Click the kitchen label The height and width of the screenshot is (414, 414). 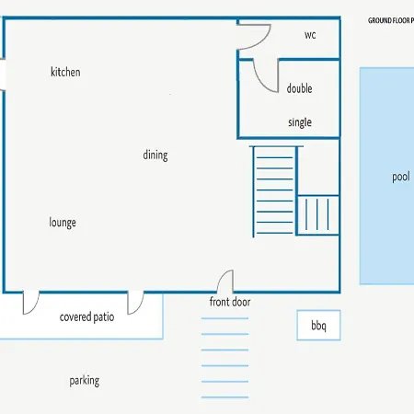pos(65,72)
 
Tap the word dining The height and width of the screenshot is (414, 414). pos(155,155)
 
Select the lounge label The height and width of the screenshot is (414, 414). pos(63,223)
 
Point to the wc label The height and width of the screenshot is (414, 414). pos(310,35)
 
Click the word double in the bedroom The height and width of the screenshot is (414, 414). pos(299,88)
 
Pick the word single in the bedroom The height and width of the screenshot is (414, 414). pos(300,122)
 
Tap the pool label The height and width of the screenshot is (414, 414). pos(401,177)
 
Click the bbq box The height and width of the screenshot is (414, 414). pos(318,325)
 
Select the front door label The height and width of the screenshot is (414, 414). pos(230,302)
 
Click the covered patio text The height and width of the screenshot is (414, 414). pos(86,317)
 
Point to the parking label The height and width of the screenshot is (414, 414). pos(85,381)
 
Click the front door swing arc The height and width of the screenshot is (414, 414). pos(222,276)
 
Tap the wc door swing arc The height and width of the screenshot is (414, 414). pos(266,40)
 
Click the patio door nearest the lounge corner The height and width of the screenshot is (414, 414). pos(35,306)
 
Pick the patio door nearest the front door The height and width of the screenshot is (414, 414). pos(140,306)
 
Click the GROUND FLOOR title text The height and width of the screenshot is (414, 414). pos(391,21)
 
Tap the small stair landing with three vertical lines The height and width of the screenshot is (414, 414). pos(317,215)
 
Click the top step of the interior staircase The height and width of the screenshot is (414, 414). pos(274,157)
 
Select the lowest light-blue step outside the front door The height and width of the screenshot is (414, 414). pos(224,397)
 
